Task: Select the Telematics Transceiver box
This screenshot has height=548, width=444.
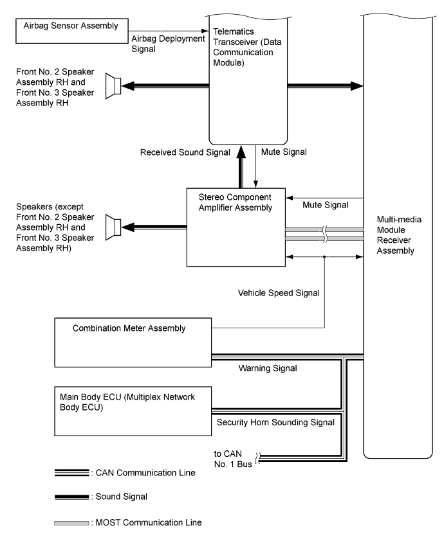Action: pos(248,77)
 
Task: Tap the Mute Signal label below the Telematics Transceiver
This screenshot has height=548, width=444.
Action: pos(284,152)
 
